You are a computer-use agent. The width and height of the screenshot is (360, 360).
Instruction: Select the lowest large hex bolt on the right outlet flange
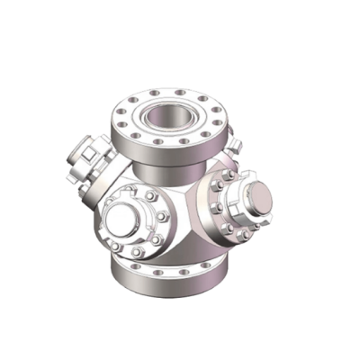[x=241, y=236]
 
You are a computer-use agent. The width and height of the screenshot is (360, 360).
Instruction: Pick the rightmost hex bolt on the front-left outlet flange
[x=162, y=217]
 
